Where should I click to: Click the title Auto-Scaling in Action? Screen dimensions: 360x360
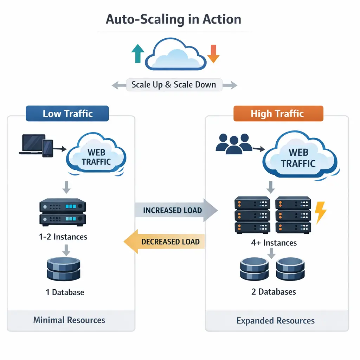click(x=174, y=19)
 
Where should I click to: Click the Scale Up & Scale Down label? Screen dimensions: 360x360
click(x=174, y=85)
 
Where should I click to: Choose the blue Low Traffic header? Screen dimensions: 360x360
click(x=67, y=114)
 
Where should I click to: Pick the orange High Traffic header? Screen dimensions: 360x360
click(x=278, y=114)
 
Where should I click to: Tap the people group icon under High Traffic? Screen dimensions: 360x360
click(x=233, y=143)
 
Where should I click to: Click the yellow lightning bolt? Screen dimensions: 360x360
click(x=321, y=212)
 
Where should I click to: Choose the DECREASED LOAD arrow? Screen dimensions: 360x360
click(x=165, y=242)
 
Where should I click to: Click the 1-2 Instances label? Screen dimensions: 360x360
click(x=63, y=237)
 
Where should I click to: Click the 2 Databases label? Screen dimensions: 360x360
click(x=274, y=291)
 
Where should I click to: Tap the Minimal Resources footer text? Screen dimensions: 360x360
click(x=69, y=320)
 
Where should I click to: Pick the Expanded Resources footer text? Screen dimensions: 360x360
click(x=276, y=321)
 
